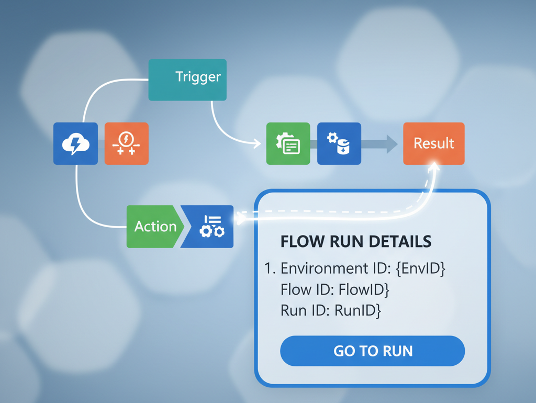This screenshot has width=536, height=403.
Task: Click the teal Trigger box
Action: click(187, 80)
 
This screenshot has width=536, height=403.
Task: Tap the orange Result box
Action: click(433, 143)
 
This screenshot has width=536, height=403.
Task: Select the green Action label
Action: click(155, 227)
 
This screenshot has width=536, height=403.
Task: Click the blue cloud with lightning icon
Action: click(75, 143)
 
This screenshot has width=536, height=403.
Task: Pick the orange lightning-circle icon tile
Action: click(126, 143)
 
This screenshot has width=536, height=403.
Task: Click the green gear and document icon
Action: click(288, 143)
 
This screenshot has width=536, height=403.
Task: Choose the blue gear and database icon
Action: click(339, 143)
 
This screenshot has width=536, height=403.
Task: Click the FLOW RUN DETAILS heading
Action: click(356, 241)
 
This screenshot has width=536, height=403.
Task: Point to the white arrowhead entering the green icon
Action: click(256, 143)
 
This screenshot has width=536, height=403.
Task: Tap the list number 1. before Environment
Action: click(270, 268)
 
